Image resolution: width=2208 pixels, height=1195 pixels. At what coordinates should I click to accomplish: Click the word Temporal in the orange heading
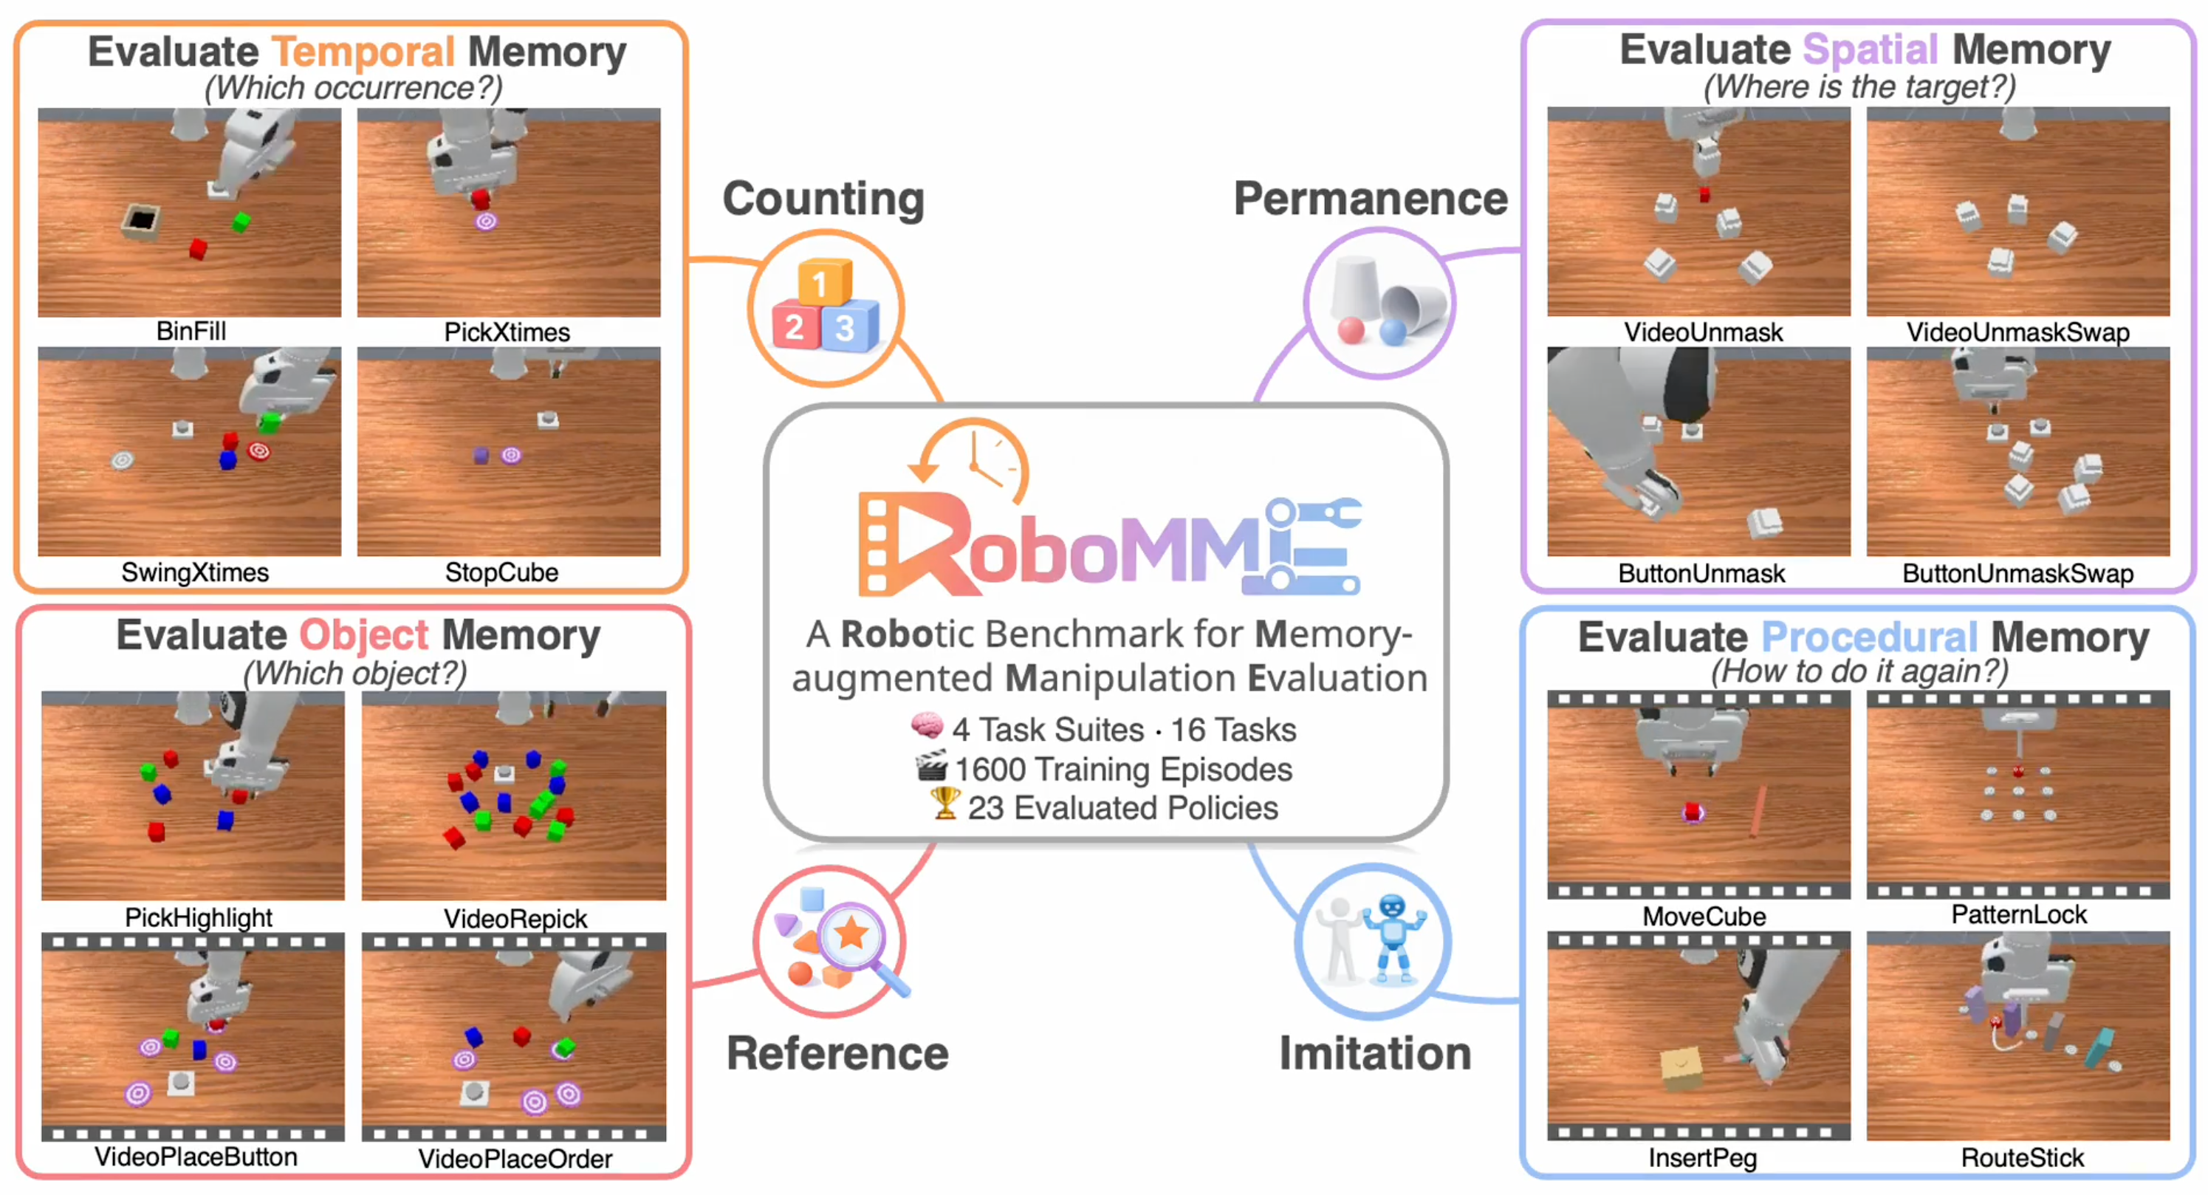[x=363, y=52]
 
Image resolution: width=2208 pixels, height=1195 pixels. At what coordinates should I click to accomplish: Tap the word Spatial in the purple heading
[x=1870, y=49]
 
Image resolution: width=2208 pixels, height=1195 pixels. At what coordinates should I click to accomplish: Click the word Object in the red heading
[x=363, y=636]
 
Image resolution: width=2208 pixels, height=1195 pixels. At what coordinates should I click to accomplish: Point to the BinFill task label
[x=191, y=331]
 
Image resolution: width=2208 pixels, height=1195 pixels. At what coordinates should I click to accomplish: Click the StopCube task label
[x=501, y=572]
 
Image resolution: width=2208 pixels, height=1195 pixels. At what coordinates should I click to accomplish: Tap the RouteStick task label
[x=2022, y=1158]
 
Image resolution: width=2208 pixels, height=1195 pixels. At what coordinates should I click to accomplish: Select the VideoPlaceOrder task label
[x=515, y=1159]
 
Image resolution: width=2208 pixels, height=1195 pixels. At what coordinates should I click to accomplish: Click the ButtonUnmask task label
[x=1701, y=574]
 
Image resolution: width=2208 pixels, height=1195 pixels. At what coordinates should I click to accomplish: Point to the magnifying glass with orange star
[x=853, y=936]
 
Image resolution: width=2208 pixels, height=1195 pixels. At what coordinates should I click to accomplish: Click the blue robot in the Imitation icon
[x=1393, y=937]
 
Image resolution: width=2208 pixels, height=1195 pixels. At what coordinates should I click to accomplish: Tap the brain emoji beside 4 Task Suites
[x=928, y=727]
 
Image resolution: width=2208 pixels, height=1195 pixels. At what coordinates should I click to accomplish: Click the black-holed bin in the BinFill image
[x=142, y=221]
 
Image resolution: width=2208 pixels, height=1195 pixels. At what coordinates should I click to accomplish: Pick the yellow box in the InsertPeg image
[x=1681, y=1067]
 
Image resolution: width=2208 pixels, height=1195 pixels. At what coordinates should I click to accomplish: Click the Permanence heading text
[x=1370, y=199]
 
